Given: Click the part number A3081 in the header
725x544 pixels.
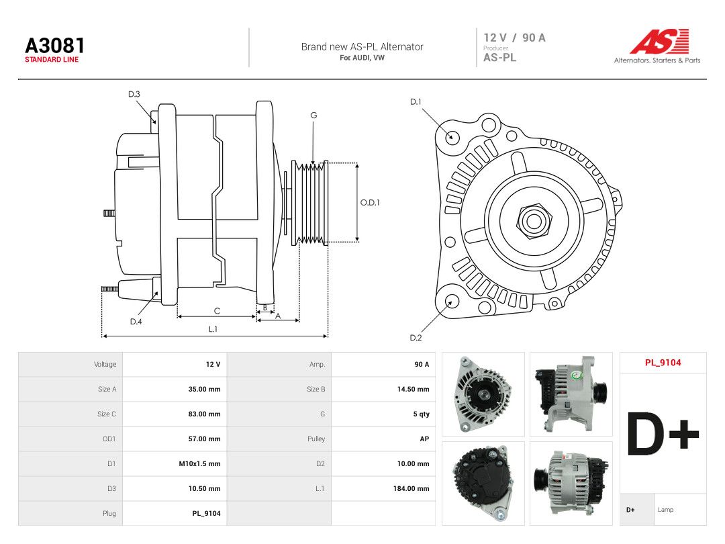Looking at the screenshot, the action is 54,46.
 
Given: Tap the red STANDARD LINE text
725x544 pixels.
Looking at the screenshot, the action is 52,60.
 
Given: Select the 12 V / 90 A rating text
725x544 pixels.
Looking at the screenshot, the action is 515,38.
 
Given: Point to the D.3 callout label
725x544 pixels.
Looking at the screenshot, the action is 134,95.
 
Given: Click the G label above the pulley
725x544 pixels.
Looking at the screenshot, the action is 313,116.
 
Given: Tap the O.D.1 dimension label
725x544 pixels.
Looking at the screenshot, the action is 370,203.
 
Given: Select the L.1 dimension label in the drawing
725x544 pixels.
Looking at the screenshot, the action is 213,329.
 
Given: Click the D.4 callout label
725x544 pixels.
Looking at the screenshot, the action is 136,322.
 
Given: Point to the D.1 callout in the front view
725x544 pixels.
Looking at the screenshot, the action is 416,102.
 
